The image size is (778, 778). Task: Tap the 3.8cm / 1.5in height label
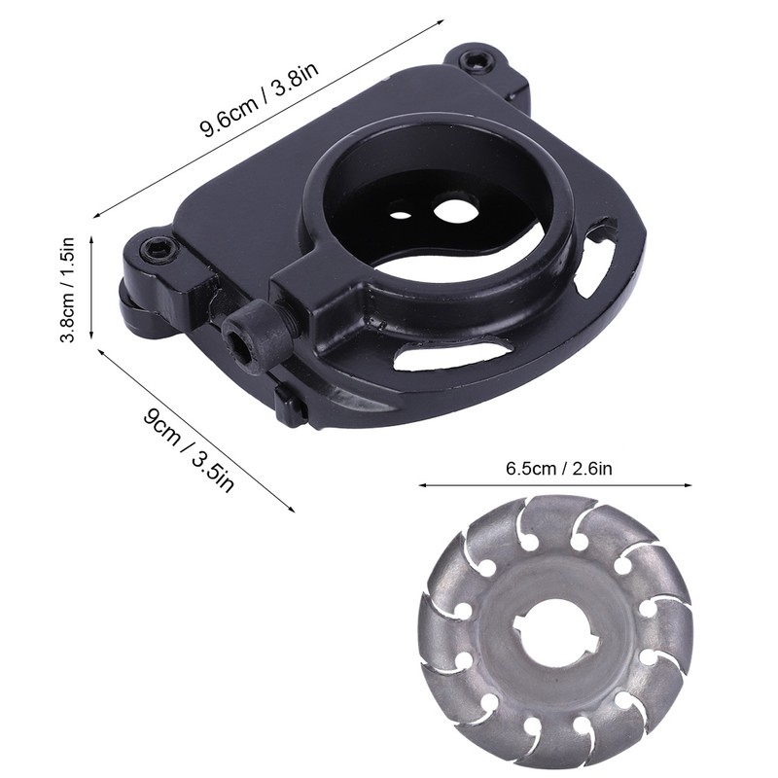coord(66,289)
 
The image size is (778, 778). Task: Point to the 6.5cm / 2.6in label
coord(558,468)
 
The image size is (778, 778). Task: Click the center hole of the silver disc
coord(554,626)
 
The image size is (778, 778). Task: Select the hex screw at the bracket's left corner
coord(159,247)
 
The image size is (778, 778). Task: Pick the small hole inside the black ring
coord(400,216)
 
